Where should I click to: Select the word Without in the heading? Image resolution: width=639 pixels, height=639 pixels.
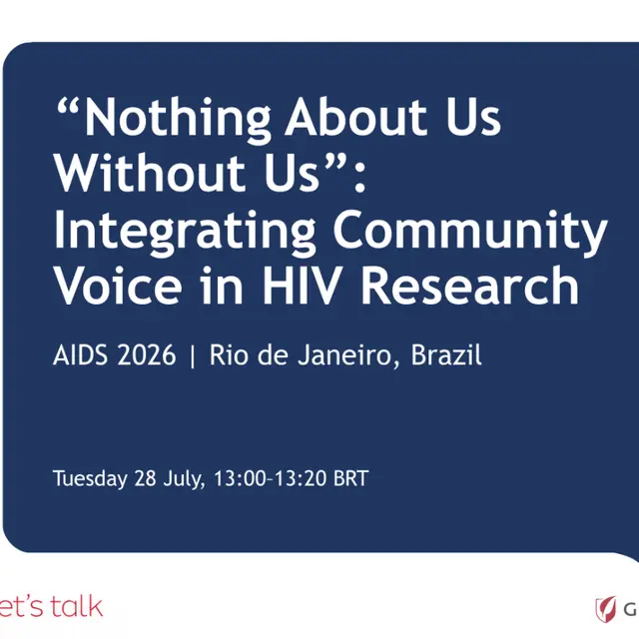(x=150, y=172)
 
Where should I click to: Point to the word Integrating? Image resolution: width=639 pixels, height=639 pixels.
(x=185, y=232)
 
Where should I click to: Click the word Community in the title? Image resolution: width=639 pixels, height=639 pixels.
(x=470, y=231)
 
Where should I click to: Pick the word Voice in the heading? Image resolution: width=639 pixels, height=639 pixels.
(x=118, y=285)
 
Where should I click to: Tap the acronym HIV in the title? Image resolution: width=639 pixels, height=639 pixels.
(x=301, y=285)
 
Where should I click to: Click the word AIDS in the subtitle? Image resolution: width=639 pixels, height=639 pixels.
(x=80, y=354)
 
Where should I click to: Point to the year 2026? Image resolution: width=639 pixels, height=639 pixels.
(x=147, y=354)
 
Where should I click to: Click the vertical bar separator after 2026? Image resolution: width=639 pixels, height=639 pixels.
(x=193, y=355)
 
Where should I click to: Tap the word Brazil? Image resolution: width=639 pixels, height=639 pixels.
(x=446, y=354)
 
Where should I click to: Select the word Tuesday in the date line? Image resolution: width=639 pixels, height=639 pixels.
(x=90, y=479)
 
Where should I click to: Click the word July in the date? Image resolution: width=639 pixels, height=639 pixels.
(x=183, y=479)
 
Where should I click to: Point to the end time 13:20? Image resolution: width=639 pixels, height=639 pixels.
(x=300, y=478)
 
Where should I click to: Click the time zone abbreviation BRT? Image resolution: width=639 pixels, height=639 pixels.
(x=350, y=478)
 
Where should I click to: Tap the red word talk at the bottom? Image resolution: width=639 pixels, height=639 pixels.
(x=77, y=606)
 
